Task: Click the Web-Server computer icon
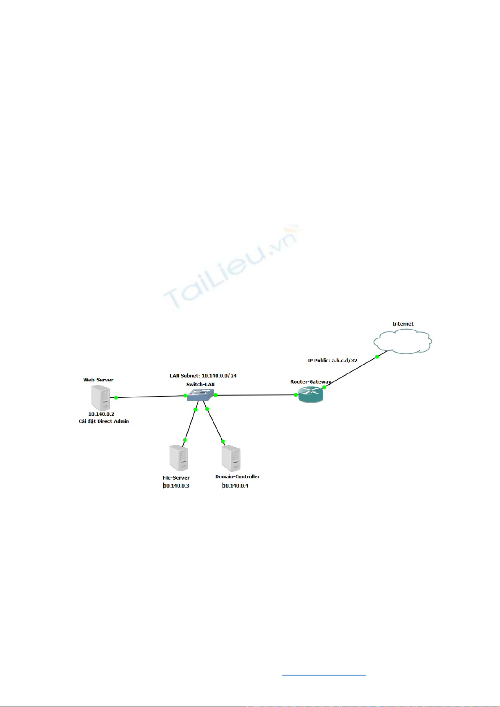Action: click(x=101, y=398)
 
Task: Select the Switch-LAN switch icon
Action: click(x=200, y=395)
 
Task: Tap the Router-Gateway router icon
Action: click(x=311, y=394)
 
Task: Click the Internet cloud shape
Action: click(x=403, y=341)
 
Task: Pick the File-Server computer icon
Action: click(x=179, y=458)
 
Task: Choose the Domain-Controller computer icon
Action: click(x=231, y=458)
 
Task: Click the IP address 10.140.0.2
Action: click(x=101, y=414)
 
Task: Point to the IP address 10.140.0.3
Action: click(x=176, y=486)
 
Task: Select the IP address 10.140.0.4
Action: click(x=236, y=486)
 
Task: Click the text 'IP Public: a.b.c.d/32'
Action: click(x=332, y=360)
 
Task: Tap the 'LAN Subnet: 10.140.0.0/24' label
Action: click(x=203, y=376)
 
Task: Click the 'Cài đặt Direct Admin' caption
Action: click(x=104, y=421)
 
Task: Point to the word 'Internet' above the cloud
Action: click(x=403, y=323)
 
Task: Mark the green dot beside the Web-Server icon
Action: click(x=116, y=398)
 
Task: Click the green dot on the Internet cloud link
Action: click(x=377, y=357)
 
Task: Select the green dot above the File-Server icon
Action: click(x=185, y=440)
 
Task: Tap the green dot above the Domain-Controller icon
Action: click(x=223, y=441)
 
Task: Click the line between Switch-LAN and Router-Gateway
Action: click(x=256, y=395)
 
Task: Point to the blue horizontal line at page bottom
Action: click(x=324, y=675)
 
